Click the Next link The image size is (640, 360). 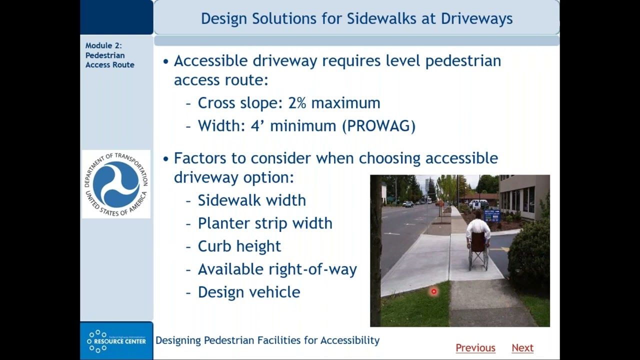[522, 347]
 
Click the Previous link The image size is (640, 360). [475, 347]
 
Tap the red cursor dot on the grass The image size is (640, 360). [433, 291]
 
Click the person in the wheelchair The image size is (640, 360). [478, 237]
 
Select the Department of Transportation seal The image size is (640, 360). [116, 184]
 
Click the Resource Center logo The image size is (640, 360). [116, 341]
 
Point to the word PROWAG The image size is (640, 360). [378, 125]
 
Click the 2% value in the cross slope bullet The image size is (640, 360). [296, 103]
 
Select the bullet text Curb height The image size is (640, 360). [239, 246]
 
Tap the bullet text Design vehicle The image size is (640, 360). [248, 292]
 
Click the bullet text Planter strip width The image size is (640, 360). [264, 223]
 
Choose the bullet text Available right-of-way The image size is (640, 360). [277, 269]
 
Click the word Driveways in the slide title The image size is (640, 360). [476, 18]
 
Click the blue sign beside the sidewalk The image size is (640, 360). [491, 215]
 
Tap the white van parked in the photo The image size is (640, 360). [477, 204]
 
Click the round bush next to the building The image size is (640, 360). [528, 255]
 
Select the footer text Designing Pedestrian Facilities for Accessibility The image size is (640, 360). [267, 340]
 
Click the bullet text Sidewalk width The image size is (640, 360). [251, 200]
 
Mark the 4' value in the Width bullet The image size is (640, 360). [257, 125]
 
